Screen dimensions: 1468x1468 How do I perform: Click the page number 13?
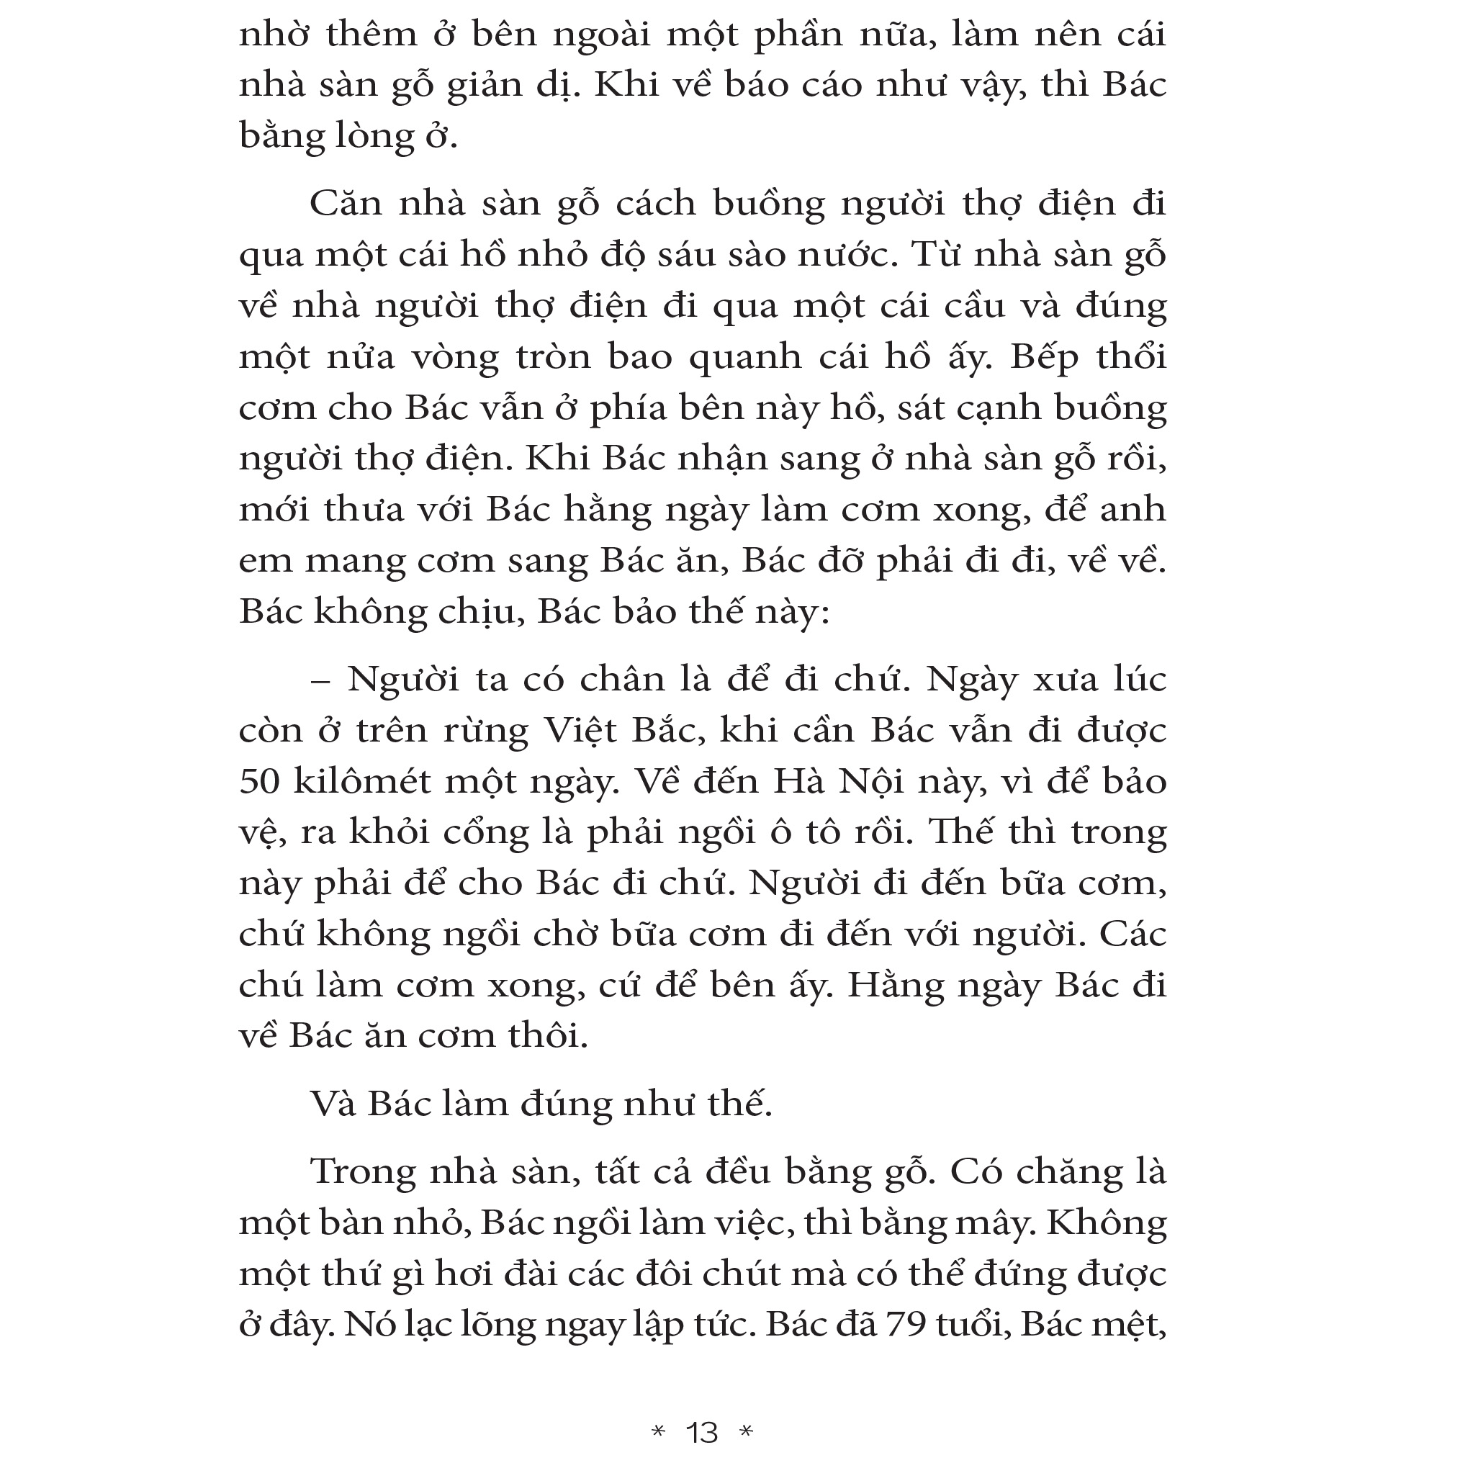tap(701, 1432)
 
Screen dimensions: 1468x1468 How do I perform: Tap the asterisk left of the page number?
tap(658, 1431)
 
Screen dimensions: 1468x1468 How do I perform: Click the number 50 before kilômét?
tap(260, 780)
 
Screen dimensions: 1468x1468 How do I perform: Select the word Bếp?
tap(1043, 358)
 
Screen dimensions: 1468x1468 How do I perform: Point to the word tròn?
tap(552, 356)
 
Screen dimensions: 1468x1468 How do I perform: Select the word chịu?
tap(478, 612)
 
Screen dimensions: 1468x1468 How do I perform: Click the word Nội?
tap(870, 780)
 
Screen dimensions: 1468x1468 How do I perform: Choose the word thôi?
tap(547, 1035)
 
